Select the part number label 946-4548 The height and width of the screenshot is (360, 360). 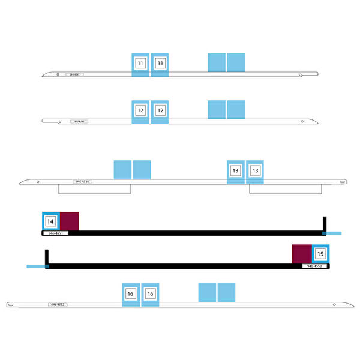click(x=78, y=121)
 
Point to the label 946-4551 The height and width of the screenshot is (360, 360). click(x=55, y=233)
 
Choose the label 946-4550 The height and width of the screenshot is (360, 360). click(x=315, y=266)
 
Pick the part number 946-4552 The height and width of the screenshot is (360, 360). click(x=58, y=305)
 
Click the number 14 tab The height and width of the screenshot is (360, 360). click(x=51, y=221)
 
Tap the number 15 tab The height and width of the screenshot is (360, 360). click(x=320, y=254)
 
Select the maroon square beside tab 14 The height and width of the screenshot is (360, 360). click(x=70, y=221)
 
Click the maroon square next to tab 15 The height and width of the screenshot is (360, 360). click(x=301, y=254)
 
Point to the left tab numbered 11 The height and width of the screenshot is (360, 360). click(x=140, y=63)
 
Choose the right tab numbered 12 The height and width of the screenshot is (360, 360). click(x=160, y=110)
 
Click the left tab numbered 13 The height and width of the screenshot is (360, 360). click(x=235, y=171)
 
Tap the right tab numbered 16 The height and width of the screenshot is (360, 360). click(x=150, y=294)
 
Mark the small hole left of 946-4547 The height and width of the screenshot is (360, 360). click(x=58, y=74)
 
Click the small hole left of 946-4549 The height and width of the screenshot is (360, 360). click(x=38, y=181)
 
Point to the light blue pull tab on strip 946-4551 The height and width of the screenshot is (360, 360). click(x=334, y=233)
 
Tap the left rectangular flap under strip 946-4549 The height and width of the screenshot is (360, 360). click(x=94, y=188)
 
